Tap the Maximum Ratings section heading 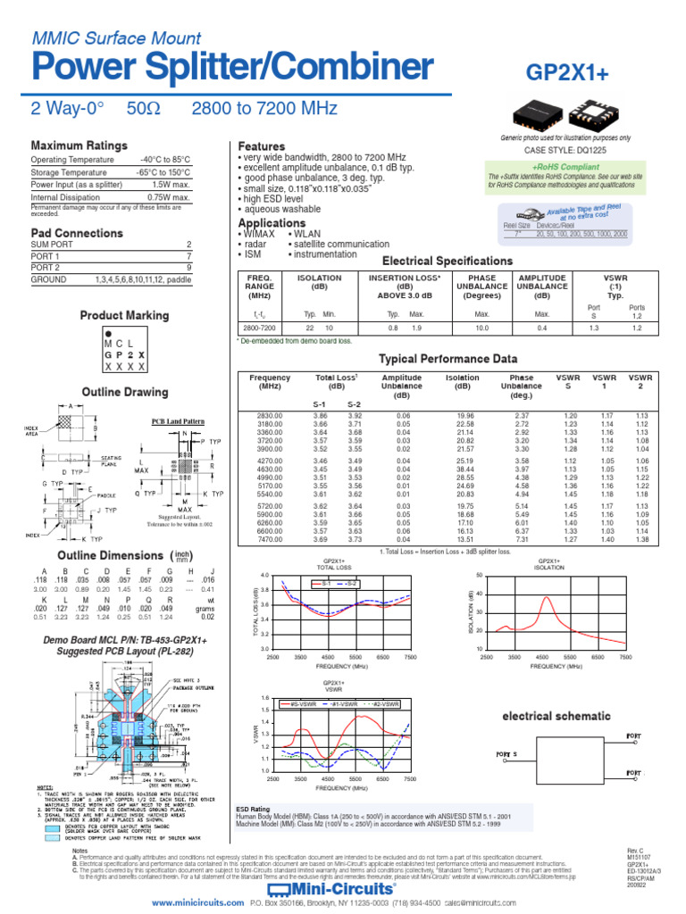[x=79, y=145]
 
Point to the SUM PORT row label [x=52, y=244]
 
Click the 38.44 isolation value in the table [x=464, y=469]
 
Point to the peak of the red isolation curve [x=547, y=597]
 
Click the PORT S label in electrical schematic [x=507, y=755]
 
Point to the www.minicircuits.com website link [x=198, y=903]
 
